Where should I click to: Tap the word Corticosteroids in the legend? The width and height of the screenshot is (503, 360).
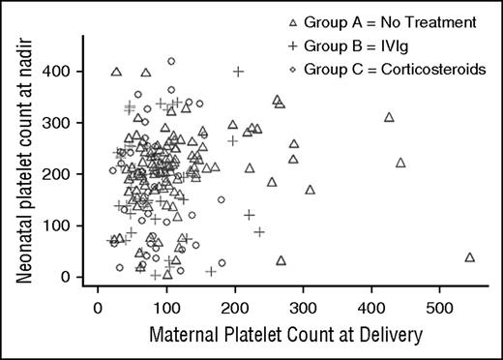(x=435, y=69)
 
